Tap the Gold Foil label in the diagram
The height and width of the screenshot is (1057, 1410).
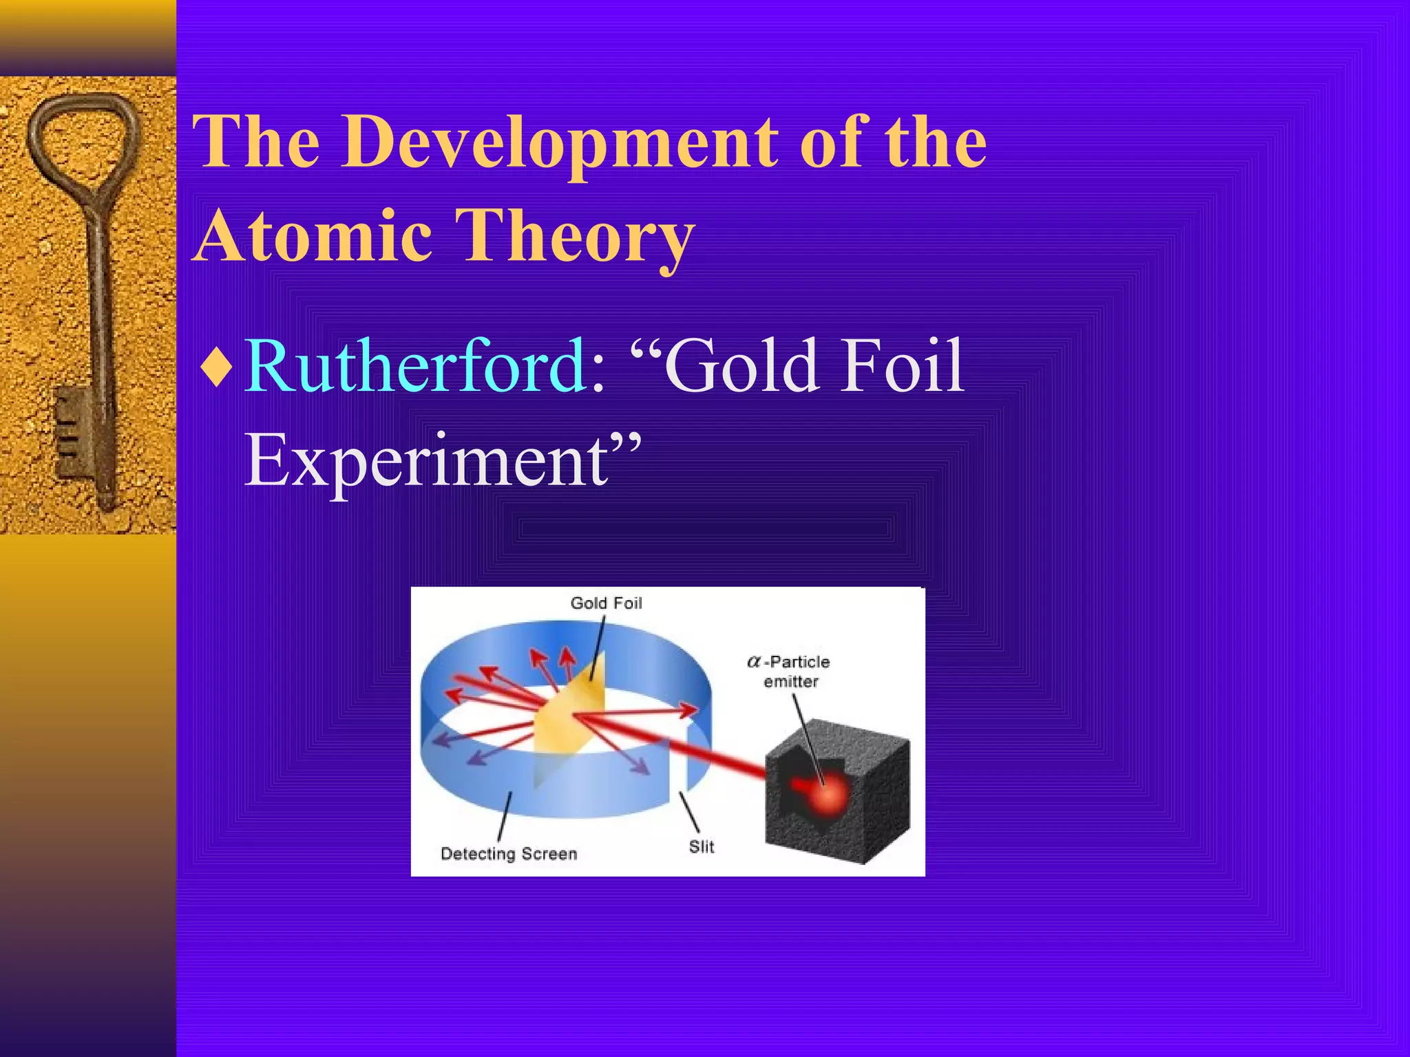606,604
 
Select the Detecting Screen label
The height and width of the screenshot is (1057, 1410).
509,854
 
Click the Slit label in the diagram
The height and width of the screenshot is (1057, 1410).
702,846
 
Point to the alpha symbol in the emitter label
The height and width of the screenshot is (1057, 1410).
754,662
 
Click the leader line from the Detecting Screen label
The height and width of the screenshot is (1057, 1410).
505,817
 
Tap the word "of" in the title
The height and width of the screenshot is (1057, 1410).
833,142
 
